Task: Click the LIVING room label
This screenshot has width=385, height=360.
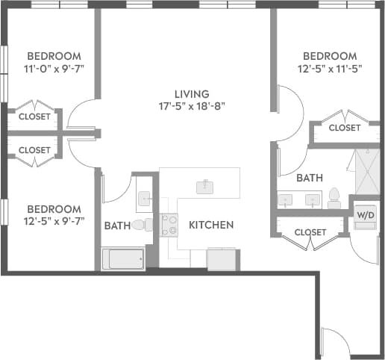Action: click(x=189, y=93)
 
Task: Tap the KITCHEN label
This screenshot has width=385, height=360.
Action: click(x=211, y=225)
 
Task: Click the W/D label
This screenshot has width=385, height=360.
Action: click(x=365, y=215)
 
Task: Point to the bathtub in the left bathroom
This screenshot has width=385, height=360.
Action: click(x=123, y=259)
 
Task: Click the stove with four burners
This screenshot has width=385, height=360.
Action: click(x=169, y=224)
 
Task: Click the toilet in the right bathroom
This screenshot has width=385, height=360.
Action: click(x=334, y=198)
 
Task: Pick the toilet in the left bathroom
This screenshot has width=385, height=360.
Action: click(x=141, y=224)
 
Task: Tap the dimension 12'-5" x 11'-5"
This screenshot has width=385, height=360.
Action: click(x=329, y=69)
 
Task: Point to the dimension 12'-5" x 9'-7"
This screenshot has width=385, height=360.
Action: click(x=53, y=221)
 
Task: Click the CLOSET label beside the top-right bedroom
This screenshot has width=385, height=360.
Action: click(x=344, y=128)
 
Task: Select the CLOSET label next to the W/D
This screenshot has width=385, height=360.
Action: click(x=310, y=232)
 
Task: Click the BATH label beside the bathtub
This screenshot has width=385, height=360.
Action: click(x=117, y=225)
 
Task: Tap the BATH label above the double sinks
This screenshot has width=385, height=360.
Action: click(x=309, y=179)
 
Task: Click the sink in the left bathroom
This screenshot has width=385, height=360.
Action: click(x=145, y=199)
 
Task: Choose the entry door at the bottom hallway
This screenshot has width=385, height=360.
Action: click(x=334, y=342)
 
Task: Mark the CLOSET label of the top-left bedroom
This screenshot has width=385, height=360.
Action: click(x=34, y=117)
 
